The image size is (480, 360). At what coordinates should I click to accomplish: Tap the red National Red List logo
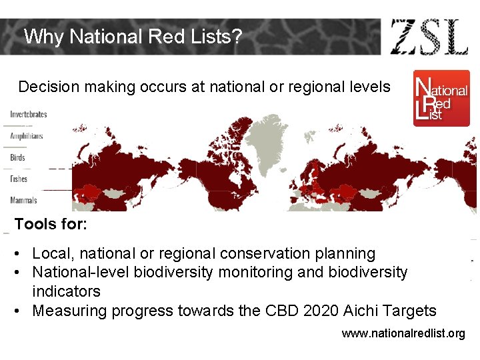(441, 98)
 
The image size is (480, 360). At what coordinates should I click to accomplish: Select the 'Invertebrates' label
(29, 114)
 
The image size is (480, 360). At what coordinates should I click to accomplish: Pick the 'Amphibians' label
(27, 136)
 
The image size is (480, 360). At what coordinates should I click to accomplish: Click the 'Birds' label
(18, 158)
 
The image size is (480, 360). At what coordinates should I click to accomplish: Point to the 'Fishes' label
(19, 179)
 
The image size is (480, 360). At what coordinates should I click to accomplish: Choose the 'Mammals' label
(23, 200)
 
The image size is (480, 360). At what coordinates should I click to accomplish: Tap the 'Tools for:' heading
(51, 224)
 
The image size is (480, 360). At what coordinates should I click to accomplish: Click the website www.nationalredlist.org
(403, 333)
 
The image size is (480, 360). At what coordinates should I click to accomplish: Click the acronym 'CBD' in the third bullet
(273, 311)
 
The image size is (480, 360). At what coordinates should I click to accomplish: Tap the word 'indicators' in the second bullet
(66, 291)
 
